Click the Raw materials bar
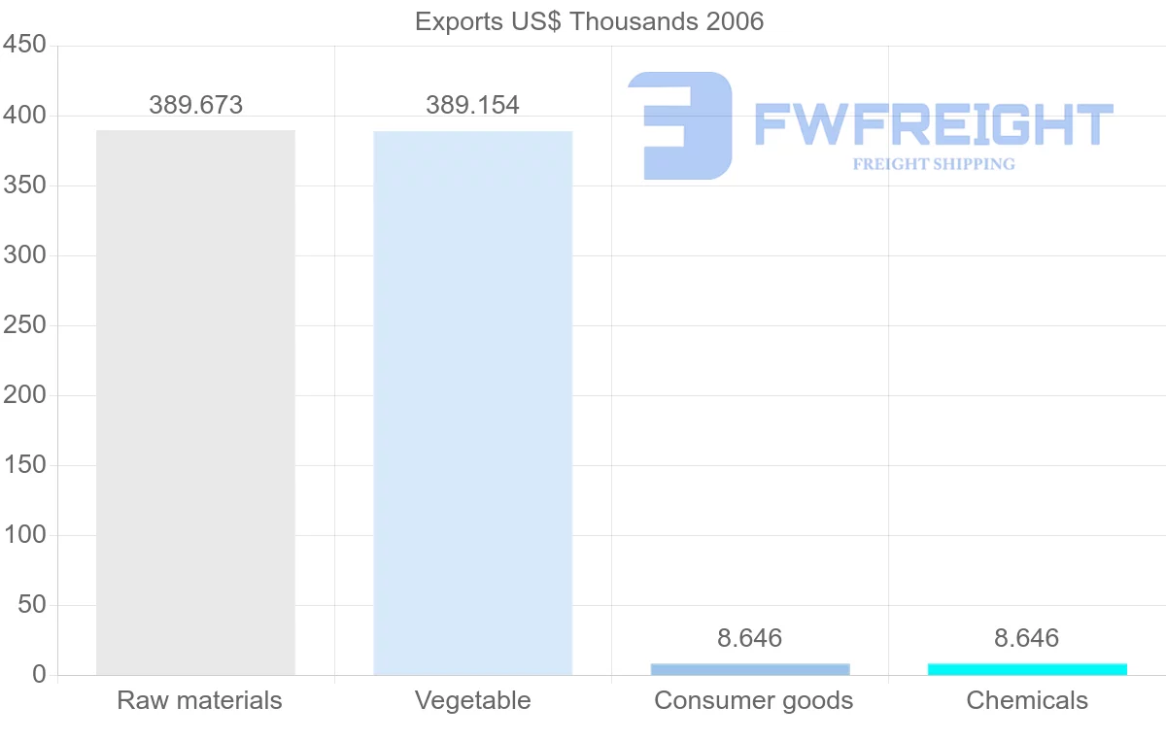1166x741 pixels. coord(195,402)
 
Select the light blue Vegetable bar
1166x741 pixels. coord(472,402)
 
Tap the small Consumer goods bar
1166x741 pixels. coord(750,669)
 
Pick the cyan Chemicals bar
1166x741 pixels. coord(1027,669)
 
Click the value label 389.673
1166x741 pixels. coord(195,105)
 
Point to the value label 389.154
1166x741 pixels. coord(472,105)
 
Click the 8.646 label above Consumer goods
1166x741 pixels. coord(749,638)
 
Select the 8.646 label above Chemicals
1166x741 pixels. coord(1026,638)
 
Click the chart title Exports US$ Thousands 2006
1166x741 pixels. coord(589,20)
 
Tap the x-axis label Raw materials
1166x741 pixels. coord(199,700)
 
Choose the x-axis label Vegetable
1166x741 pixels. coord(472,700)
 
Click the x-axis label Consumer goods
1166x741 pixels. coord(753,700)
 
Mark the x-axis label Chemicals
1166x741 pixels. coord(1027,700)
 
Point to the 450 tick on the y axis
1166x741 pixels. coord(24,45)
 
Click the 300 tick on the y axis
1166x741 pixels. coord(24,254)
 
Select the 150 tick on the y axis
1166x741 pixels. coord(24,464)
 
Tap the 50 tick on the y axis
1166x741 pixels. coord(32,604)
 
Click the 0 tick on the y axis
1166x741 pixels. coord(39,674)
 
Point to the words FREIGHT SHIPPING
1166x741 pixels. coord(934,164)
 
